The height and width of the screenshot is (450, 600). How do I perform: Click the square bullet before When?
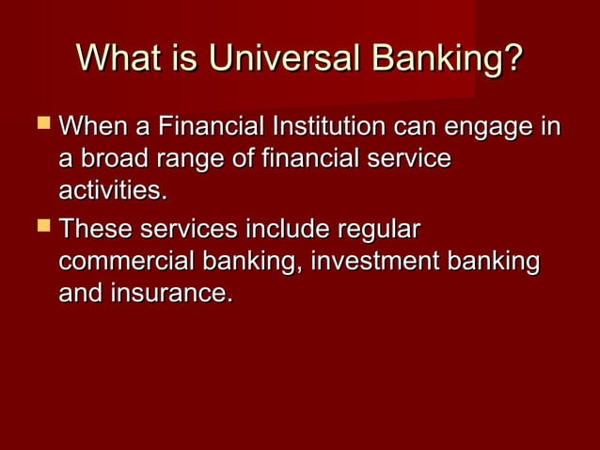(x=40, y=125)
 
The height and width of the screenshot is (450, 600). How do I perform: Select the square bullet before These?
(x=40, y=229)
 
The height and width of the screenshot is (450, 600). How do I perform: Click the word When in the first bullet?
(x=93, y=126)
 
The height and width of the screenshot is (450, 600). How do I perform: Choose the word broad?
(x=116, y=160)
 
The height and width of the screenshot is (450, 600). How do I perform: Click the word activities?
(x=113, y=192)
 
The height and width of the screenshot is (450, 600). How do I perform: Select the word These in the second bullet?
(x=96, y=229)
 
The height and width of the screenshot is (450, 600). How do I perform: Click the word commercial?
(x=121, y=262)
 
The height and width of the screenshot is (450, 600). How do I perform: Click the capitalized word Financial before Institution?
(x=208, y=126)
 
